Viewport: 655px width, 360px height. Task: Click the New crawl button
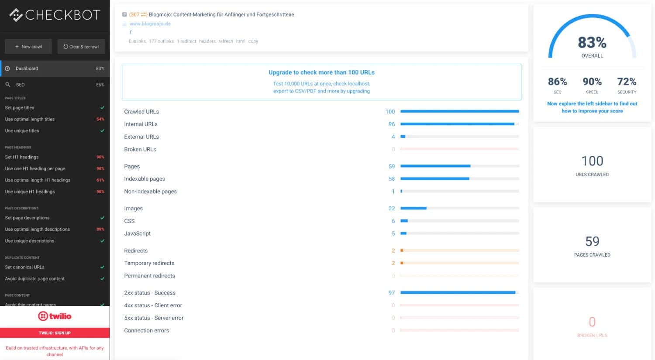coord(28,47)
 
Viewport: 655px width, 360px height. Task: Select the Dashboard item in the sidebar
coord(27,69)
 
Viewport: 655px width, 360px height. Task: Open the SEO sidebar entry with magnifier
coord(20,85)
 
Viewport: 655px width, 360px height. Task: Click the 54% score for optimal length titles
coord(100,119)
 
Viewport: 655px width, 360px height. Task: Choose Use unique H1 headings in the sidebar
coord(30,192)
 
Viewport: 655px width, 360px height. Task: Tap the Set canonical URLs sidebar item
coord(24,267)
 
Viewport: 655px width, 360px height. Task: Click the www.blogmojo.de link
coord(150,24)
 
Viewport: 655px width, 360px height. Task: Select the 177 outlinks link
coord(161,41)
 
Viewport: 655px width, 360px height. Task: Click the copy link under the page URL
coord(253,41)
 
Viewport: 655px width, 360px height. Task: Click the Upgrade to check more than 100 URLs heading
coord(321,72)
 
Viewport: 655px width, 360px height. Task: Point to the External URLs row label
coord(141,137)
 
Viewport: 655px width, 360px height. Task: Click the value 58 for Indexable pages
coord(392,179)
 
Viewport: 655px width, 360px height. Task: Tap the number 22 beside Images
coord(392,209)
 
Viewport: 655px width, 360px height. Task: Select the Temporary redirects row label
coord(149,263)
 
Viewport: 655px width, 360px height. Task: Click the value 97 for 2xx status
coord(392,293)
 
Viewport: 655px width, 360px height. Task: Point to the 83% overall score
coord(592,43)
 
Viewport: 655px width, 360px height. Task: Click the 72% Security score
coord(627,82)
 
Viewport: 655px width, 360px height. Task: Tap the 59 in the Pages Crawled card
coord(592,241)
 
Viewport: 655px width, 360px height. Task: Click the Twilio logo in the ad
coord(55,316)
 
